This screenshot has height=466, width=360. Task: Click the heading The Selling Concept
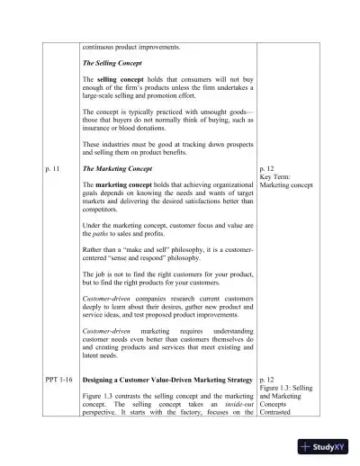coord(113,62)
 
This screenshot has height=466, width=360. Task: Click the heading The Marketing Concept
coord(117,168)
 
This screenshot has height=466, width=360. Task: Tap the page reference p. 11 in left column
coord(53,168)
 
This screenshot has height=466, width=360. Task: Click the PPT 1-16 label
coord(58,381)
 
